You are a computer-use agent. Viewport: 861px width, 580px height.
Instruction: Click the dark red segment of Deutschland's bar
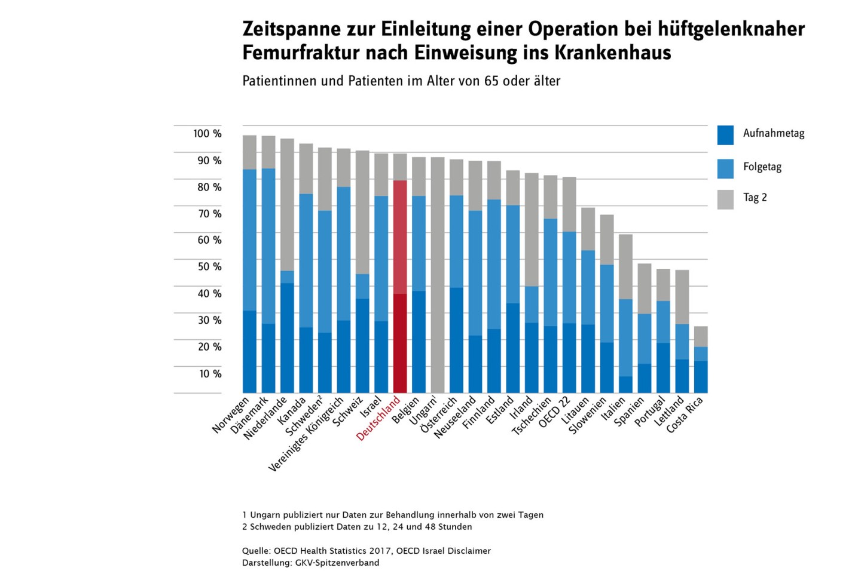click(x=400, y=343)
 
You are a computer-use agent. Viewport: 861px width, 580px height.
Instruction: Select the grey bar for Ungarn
click(x=438, y=275)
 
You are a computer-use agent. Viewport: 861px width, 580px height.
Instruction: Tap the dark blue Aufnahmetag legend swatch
click(x=725, y=135)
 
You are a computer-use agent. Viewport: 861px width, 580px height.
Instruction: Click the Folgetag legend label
click(x=762, y=167)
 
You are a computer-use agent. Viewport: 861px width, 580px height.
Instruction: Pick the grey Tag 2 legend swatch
click(x=725, y=200)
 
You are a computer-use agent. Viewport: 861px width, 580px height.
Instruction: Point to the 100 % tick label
click(x=207, y=134)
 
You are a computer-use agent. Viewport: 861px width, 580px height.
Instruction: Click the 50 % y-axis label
click(x=210, y=266)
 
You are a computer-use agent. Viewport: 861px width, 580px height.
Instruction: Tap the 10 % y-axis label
click(x=210, y=374)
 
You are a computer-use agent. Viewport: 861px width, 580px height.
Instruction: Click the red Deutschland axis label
click(x=378, y=418)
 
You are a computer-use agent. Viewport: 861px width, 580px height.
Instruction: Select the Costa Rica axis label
click(x=685, y=415)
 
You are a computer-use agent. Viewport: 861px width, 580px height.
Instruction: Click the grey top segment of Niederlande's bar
click(x=287, y=205)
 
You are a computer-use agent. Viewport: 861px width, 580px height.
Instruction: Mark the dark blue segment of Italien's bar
click(x=626, y=385)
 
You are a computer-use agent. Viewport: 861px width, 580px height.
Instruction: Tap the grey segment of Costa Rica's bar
click(x=701, y=336)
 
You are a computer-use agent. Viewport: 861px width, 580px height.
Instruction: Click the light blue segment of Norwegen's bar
click(x=249, y=240)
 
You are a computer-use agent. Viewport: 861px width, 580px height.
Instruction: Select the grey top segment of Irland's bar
click(x=532, y=230)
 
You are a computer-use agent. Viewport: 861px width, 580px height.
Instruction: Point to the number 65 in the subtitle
click(x=491, y=81)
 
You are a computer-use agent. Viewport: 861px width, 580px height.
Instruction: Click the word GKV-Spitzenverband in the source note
click(x=337, y=563)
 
